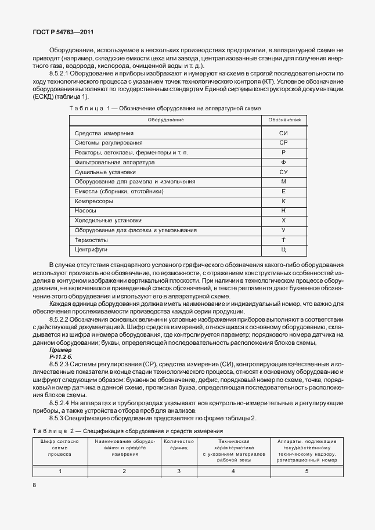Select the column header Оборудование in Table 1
tap(165, 120)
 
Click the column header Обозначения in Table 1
tap(284, 120)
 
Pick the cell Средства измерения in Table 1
tap(104, 133)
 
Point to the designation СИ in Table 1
tap(283, 133)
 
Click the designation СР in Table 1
tap(283, 142)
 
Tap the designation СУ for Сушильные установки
tap(283, 172)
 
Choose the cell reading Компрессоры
tap(95, 201)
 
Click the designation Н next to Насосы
tap(283, 211)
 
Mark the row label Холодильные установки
tap(109, 221)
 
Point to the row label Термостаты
tap(93, 240)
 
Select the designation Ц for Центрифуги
tap(283, 250)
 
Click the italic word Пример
tap(60, 350)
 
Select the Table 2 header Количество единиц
tap(179, 445)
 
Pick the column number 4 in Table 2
tap(233, 471)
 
